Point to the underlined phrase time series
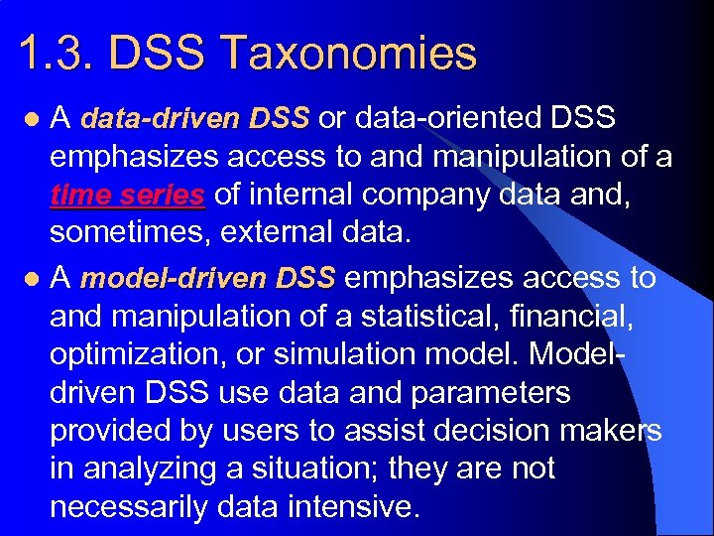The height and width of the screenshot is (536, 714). tap(127, 196)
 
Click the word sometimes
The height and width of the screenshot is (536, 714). tap(129, 233)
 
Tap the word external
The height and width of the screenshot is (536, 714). tap(319, 233)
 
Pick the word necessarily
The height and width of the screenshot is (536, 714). tap(134, 507)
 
